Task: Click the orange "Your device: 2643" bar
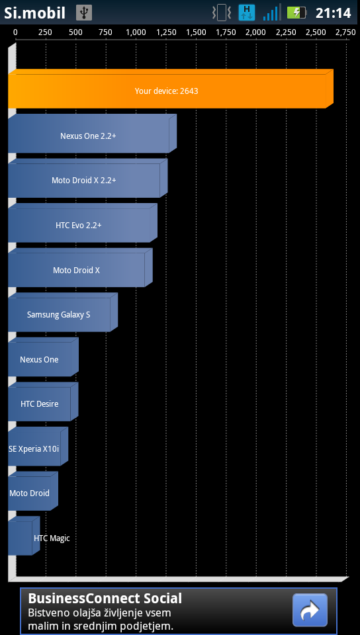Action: click(171, 89)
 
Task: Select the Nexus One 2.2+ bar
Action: click(93, 134)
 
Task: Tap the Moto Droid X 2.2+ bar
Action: click(88, 178)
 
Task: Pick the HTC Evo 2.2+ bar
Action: click(83, 223)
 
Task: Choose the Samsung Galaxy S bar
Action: click(63, 313)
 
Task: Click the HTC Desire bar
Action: click(43, 402)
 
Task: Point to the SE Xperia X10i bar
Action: click(38, 446)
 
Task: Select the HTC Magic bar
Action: click(24, 536)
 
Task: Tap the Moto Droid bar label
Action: click(29, 493)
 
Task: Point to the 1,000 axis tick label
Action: click(136, 32)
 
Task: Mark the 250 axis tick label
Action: click(46, 32)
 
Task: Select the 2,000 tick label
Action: click(256, 32)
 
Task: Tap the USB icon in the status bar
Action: click(84, 13)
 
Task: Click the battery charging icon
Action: click(297, 13)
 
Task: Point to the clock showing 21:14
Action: click(334, 13)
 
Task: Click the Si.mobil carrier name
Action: click(35, 13)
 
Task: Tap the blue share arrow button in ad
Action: click(310, 611)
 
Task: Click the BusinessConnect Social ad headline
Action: click(105, 599)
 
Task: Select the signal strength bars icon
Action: click(271, 13)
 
